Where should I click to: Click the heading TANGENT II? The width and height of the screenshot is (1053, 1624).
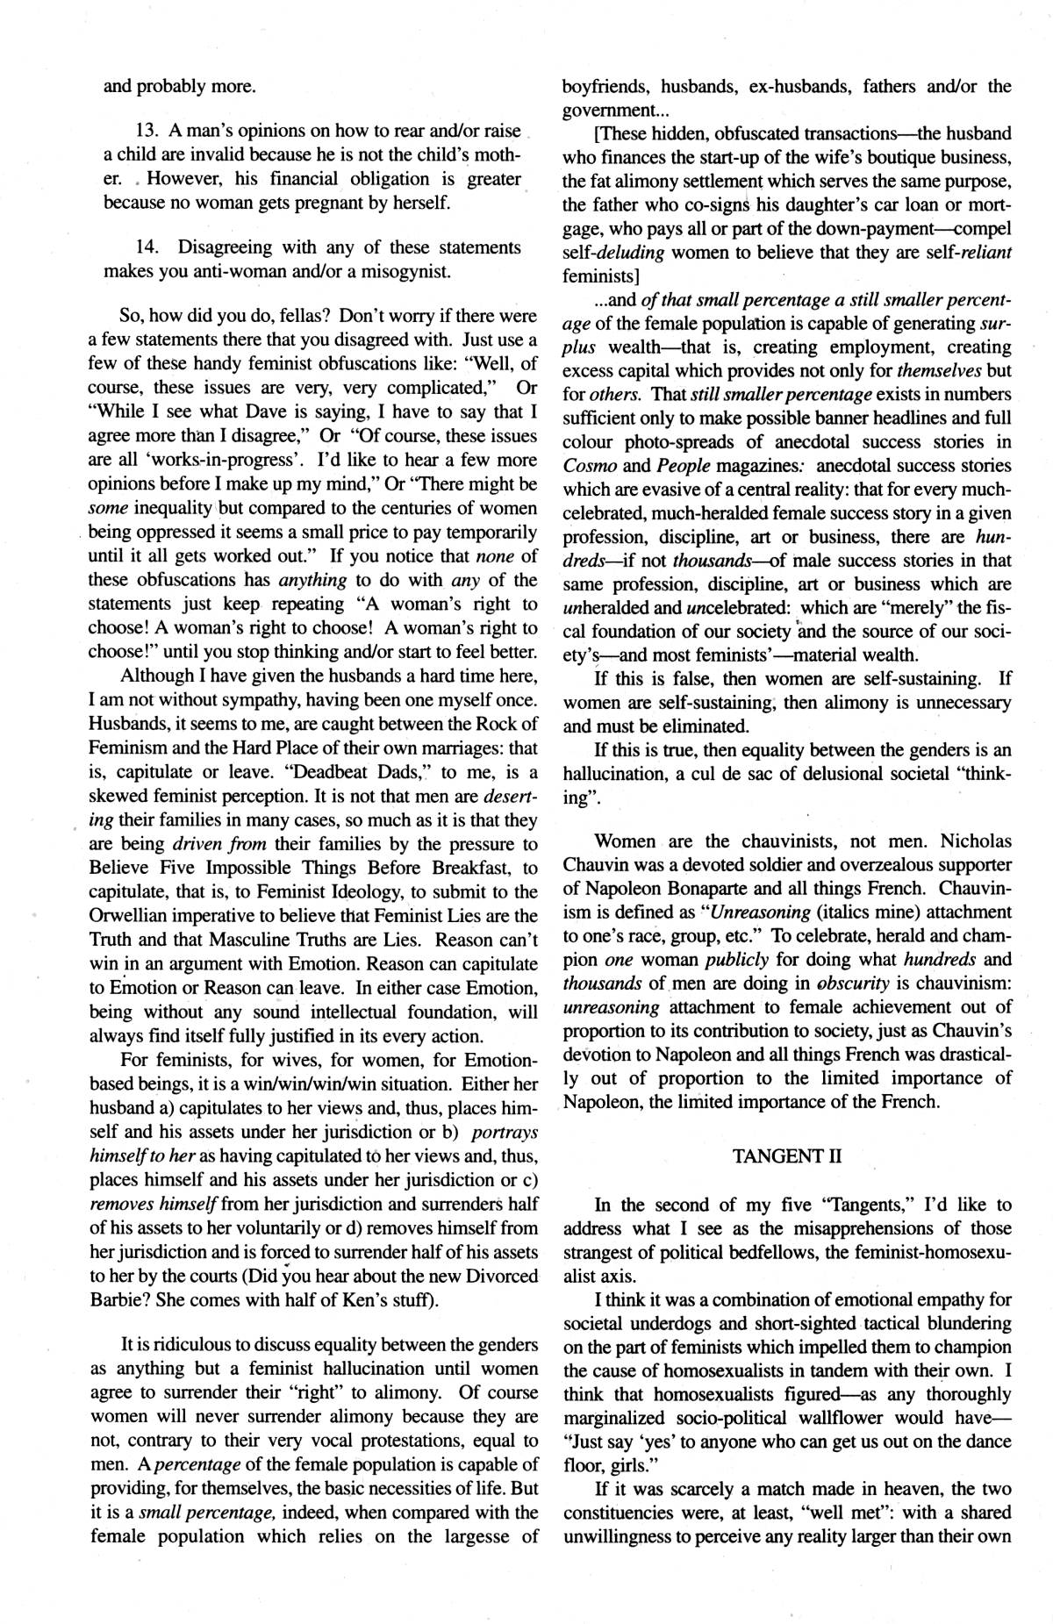tap(786, 1156)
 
